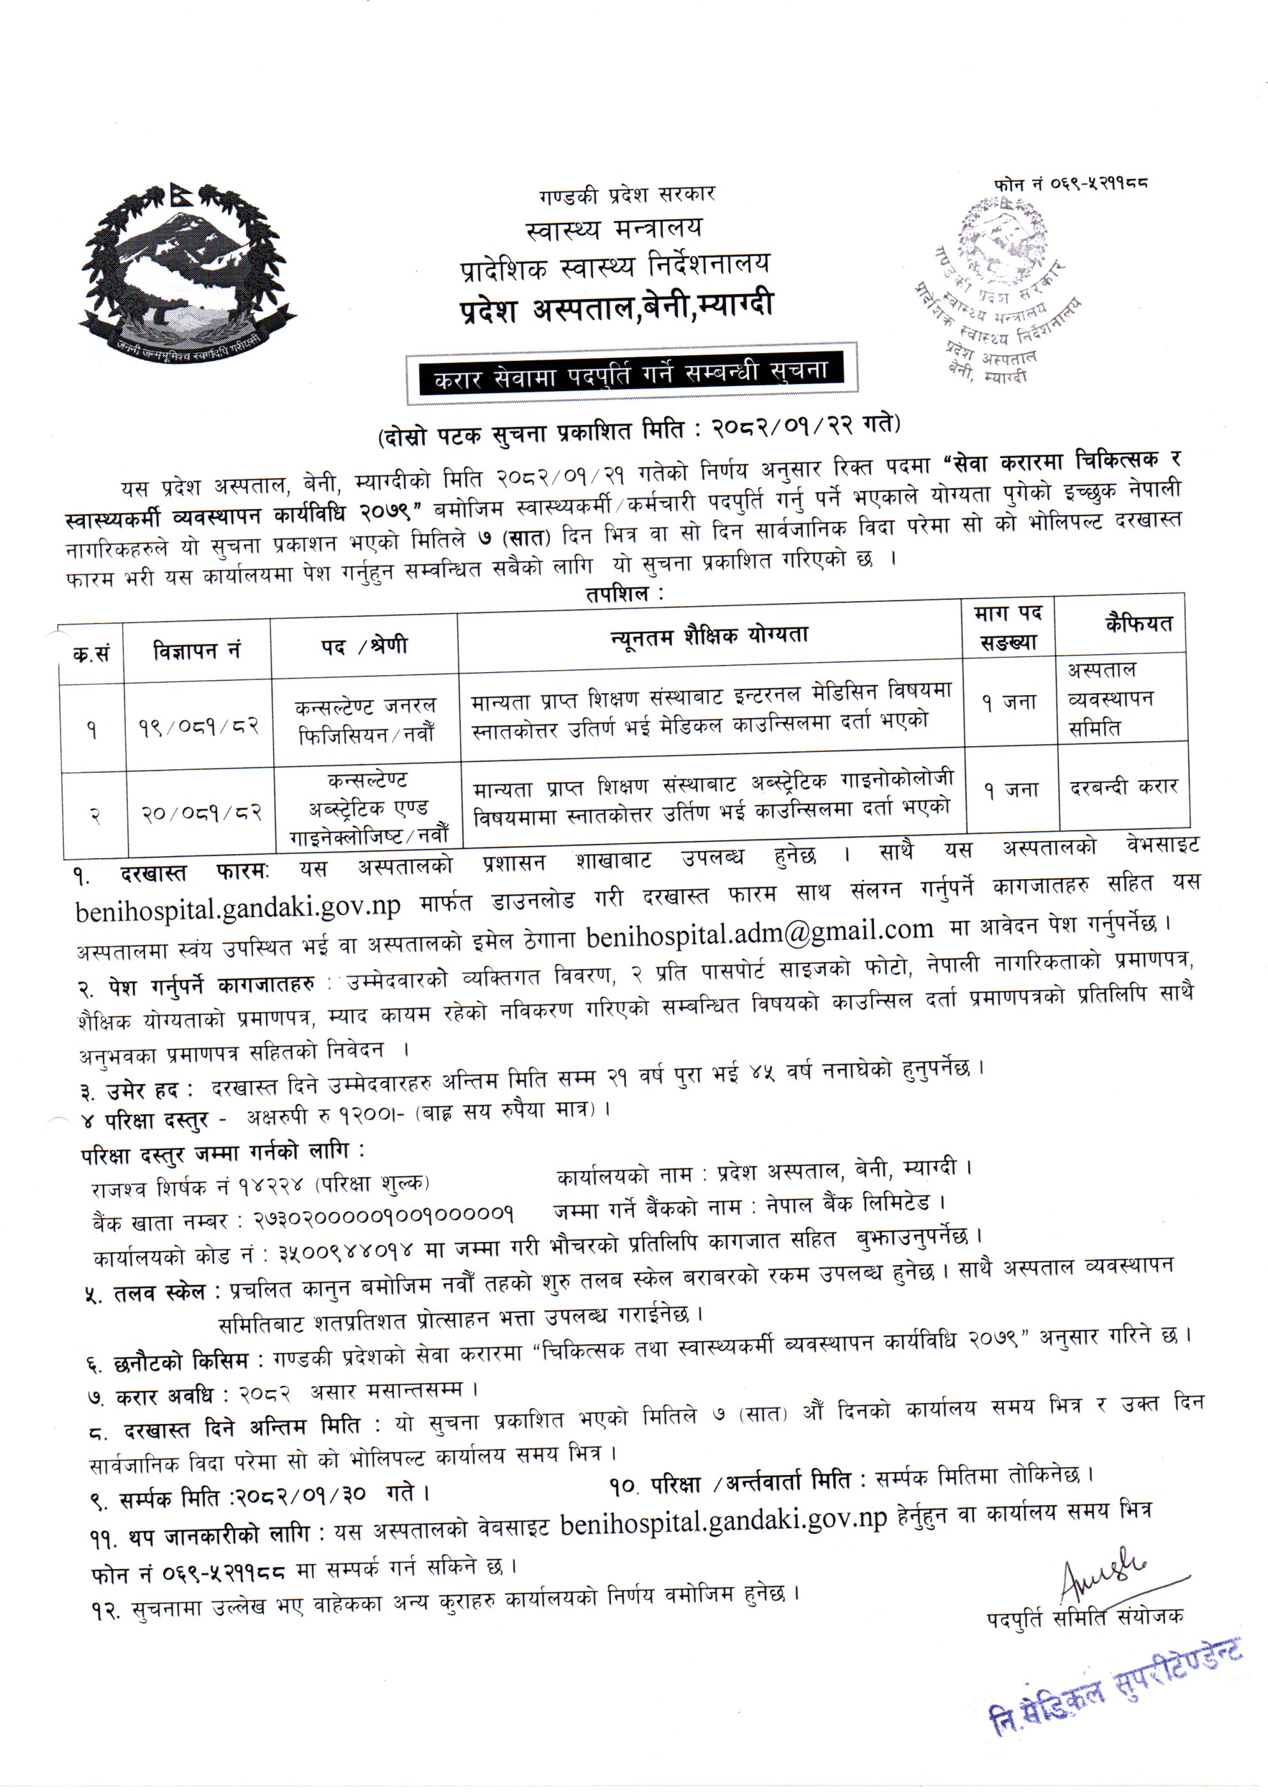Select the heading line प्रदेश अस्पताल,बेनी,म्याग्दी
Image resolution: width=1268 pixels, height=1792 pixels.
point(616,306)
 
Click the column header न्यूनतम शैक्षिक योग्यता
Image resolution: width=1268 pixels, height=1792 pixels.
point(709,635)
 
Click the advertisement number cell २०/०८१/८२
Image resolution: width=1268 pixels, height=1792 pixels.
point(201,814)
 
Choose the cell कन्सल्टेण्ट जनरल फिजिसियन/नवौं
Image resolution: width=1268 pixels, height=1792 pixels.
point(366,719)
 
